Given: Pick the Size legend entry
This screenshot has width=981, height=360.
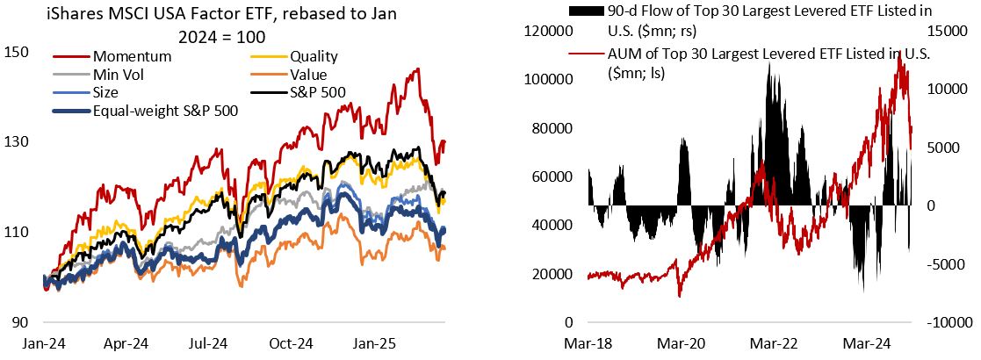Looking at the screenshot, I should [113, 92].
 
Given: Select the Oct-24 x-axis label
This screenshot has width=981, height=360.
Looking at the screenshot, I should [292, 343].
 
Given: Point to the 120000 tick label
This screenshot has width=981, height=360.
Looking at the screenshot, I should [549, 31].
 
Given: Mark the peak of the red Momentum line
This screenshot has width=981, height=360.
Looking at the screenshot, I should [416, 69].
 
